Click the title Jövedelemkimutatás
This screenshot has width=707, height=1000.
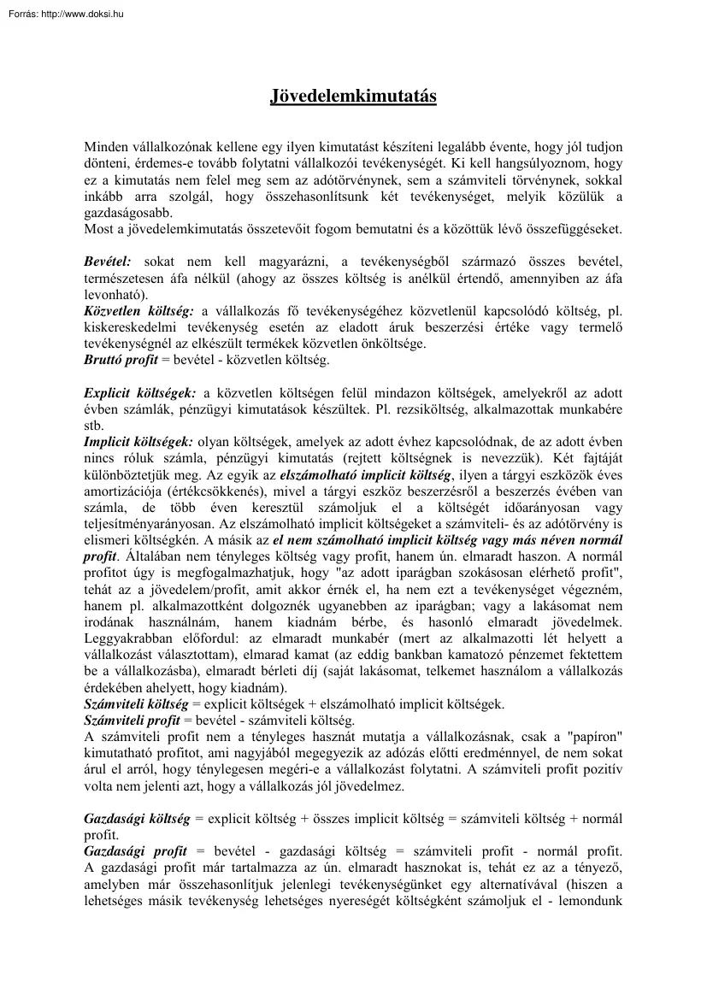click(353, 96)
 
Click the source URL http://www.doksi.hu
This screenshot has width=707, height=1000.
click(81, 12)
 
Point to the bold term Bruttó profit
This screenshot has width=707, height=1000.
click(121, 360)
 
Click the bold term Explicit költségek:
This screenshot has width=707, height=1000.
click(140, 392)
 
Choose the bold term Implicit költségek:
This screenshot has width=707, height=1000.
click(138, 443)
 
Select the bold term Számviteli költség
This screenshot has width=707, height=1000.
click(136, 705)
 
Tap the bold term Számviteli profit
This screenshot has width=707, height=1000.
click(131, 721)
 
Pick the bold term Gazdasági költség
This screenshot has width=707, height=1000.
click(137, 818)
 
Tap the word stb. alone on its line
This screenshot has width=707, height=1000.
click(93, 425)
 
